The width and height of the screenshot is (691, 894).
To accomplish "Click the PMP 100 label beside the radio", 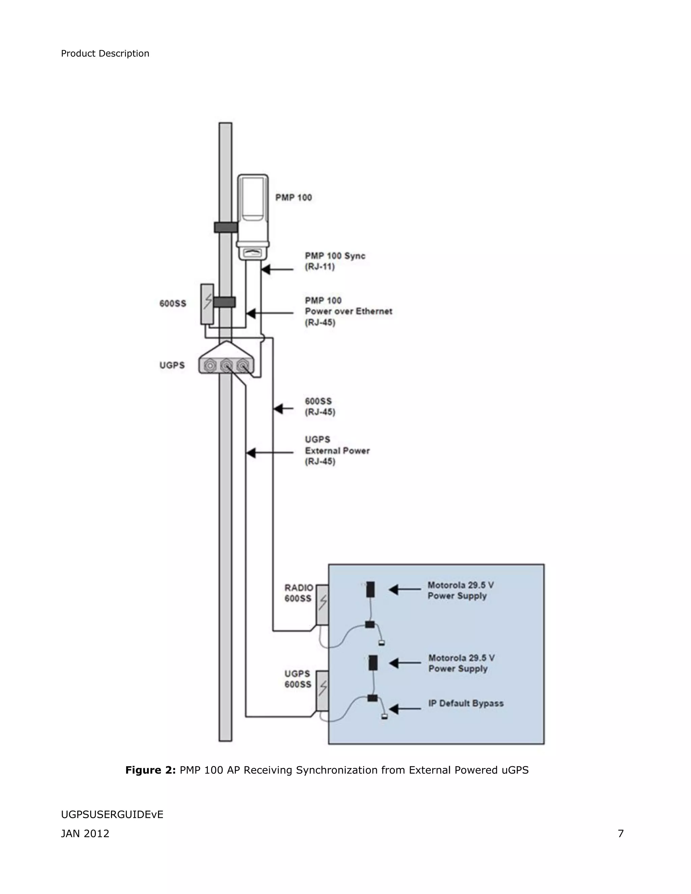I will (x=294, y=198).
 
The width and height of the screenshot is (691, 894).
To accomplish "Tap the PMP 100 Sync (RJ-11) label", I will (x=334, y=261).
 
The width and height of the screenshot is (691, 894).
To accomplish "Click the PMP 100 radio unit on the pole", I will (x=253, y=217).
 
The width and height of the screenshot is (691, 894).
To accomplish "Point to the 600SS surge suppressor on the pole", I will (x=207, y=304).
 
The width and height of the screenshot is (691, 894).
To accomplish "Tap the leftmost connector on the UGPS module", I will (x=210, y=365).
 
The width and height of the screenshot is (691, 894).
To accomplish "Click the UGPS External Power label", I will (x=337, y=450).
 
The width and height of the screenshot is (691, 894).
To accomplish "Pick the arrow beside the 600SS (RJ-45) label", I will (x=283, y=409).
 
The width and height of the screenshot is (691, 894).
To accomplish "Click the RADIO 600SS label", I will (x=298, y=593).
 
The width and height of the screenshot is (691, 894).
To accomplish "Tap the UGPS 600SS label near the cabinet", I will (x=298, y=679).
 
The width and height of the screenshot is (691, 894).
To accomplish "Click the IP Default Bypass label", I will (x=466, y=703).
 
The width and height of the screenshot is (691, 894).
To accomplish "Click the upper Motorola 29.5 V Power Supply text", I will (x=460, y=590).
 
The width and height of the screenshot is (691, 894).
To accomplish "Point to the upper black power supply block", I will (x=370, y=589).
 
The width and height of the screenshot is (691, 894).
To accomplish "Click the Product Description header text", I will (x=105, y=54).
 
